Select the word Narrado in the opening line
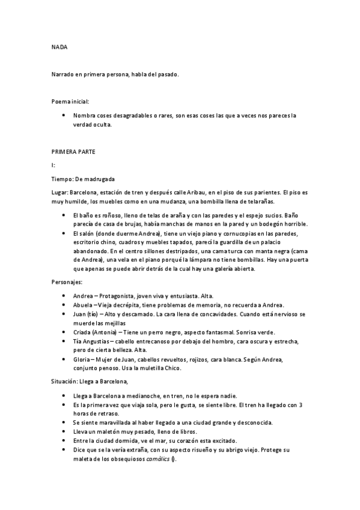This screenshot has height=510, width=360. coord(64,74)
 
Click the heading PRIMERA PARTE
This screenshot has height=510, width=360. coord(73,151)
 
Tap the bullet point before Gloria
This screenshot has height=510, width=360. coord(64,359)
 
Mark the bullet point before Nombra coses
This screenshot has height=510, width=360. coord(64,115)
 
